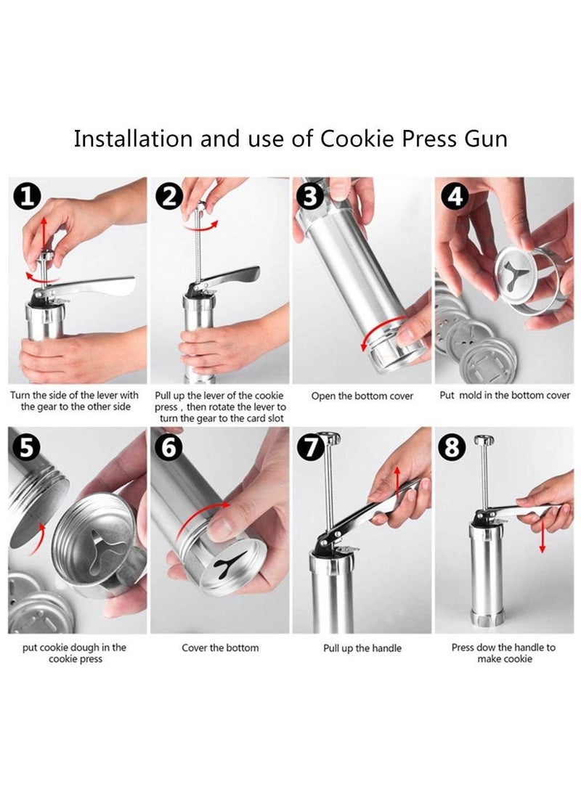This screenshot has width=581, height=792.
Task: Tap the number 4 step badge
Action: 455,196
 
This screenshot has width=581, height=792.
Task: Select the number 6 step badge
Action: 169,446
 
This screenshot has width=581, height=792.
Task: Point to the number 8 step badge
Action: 452,446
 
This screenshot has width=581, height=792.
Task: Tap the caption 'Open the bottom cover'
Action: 362,396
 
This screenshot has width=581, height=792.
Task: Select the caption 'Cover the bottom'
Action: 220,648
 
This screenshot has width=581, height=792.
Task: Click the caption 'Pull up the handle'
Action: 362,648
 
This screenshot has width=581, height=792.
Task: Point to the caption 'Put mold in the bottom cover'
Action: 504,396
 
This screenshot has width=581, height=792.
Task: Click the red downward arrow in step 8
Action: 542,537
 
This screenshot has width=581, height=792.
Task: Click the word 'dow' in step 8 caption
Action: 486,648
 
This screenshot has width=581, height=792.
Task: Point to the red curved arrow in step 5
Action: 37,539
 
